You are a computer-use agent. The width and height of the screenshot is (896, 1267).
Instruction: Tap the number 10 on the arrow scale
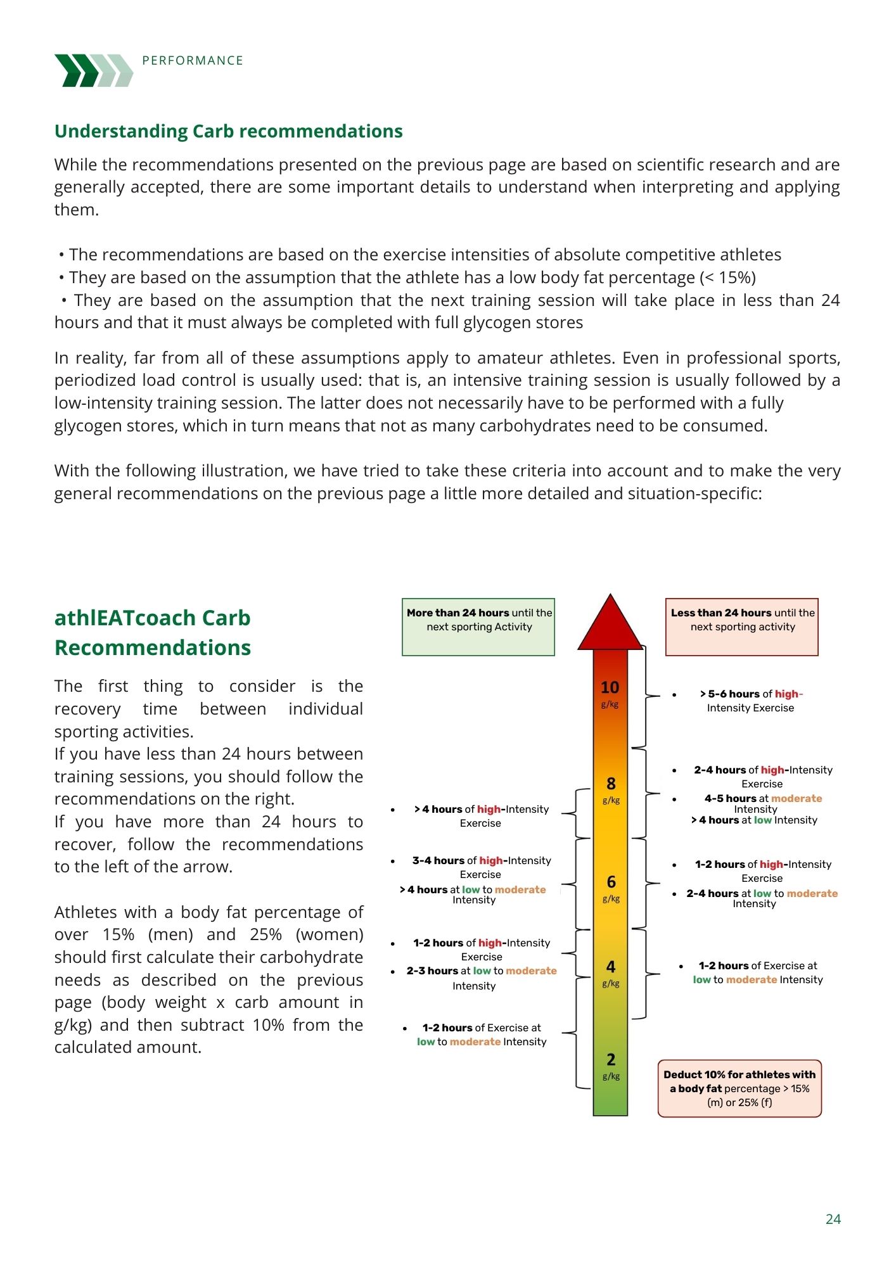click(x=610, y=688)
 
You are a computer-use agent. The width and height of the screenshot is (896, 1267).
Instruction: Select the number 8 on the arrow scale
click(x=611, y=784)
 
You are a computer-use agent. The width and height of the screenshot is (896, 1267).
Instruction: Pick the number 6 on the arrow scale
click(x=611, y=882)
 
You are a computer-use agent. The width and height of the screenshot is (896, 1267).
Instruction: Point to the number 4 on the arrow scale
click(x=611, y=967)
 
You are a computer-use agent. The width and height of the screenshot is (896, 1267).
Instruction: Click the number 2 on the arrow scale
click(x=611, y=1060)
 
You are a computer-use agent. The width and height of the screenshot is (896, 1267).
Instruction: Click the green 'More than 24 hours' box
click(x=478, y=626)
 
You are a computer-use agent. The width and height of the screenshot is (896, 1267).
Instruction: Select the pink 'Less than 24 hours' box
click(x=741, y=626)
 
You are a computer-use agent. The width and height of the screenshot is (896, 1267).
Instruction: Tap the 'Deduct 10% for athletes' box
click(x=739, y=1088)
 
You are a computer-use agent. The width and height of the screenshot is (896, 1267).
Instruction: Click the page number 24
click(x=833, y=1219)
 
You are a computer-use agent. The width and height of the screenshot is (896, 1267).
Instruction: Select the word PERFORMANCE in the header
click(x=193, y=61)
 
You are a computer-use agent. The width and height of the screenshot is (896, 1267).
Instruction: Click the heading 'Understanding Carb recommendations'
click(x=228, y=131)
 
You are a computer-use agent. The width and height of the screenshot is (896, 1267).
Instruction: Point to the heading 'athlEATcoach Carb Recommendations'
click(x=153, y=632)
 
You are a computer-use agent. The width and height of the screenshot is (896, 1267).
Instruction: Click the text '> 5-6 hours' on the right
click(x=729, y=694)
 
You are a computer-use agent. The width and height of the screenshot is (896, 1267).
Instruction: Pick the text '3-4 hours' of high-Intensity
click(x=438, y=860)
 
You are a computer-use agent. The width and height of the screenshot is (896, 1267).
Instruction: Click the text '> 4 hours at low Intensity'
click(x=754, y=820)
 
